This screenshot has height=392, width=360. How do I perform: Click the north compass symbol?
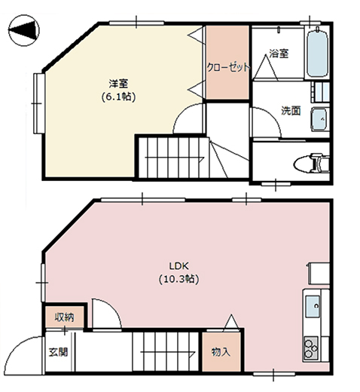pyautogui.click(x=24, y=30)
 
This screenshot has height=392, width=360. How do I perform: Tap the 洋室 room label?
pyautogui.click(x=118, y=84)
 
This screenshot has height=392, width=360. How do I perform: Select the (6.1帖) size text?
pyautogui.click(x=118, y=96)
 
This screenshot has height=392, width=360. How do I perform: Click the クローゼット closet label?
pyautogui.click(x=228, y=67)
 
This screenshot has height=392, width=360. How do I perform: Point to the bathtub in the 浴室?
pyautogui.click(x=317, y=54)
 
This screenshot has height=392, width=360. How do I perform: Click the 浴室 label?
pyautogui.click(x=279, y=54)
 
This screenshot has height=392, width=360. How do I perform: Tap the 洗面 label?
pyautogui.click(x=291, y=111)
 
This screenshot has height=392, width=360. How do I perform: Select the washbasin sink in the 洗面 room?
pyautogui.click(x=320, y=119)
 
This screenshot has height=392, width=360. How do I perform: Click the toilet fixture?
pyautogui.click(x=311, y=164)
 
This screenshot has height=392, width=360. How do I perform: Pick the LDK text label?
pyautogui.click(x=178, y=265)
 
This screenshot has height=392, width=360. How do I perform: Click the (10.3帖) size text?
pyautogui.click(x=178, y=279)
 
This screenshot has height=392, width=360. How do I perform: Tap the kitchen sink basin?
pyautogui.click(x=313, y=306)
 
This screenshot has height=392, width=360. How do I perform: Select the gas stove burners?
pyautogui.click(x=311, y=348)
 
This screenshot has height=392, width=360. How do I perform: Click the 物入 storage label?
pyautogui.click(x=221, y=352)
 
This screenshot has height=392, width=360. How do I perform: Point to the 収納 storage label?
pyautogui.click(x=65, y=317)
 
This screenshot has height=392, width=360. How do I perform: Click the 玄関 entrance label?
pyautogui.click(x=58, y=352)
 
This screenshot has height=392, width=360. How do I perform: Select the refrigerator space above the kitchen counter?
pyautogui.click(x=319, y=274)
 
